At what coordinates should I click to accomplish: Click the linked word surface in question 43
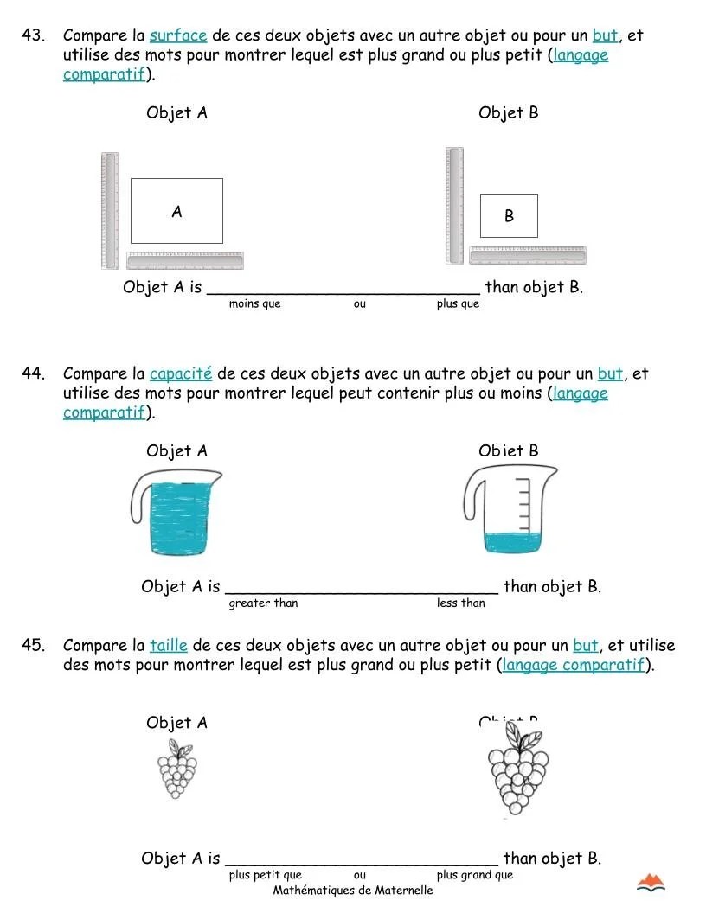178,35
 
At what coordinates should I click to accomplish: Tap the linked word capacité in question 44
181,373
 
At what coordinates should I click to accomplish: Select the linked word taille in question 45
169,645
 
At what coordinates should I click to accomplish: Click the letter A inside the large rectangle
176,211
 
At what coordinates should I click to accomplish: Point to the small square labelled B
509,216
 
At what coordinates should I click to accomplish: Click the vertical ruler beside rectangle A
110,210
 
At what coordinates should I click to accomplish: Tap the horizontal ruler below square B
527,255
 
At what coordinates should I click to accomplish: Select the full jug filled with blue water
179,514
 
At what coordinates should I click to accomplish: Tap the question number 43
33,35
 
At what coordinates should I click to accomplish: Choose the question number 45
33,645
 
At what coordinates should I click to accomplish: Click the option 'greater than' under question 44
263,603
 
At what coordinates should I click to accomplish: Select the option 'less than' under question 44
460,603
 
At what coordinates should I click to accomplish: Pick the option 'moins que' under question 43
254,303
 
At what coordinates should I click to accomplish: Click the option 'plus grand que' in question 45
474,875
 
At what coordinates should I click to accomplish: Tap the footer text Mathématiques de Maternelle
353,891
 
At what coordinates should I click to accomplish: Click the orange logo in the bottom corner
651,883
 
